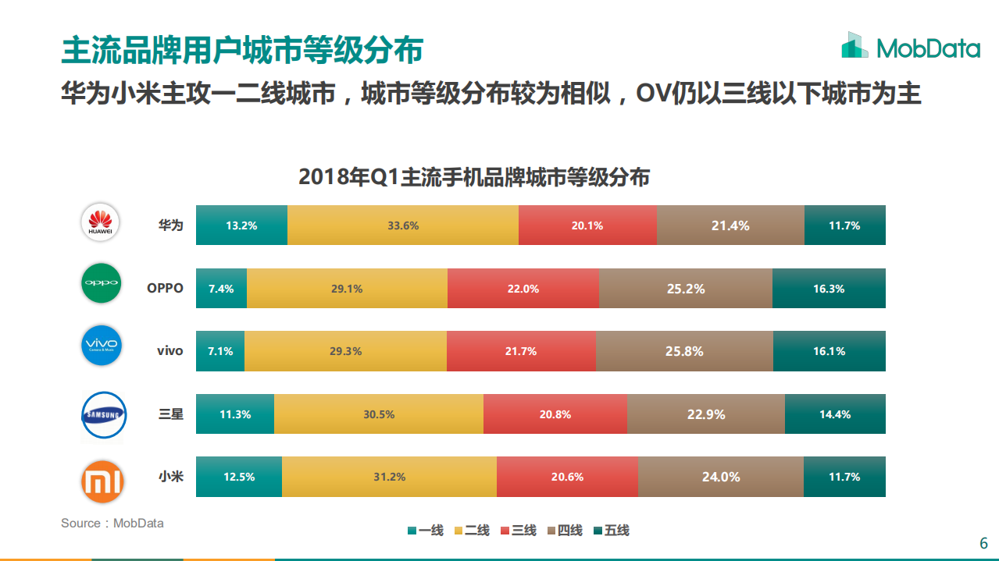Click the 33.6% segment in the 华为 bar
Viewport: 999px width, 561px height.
click(402, 225)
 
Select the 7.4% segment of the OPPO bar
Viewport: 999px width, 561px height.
click(221, 289)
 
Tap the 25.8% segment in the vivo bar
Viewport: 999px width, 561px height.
click(684, 351)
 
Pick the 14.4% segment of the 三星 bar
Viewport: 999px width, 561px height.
click(835, 414)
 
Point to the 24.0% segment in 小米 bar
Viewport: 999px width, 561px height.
click(720, 477)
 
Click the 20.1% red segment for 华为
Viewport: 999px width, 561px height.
click(587, 225)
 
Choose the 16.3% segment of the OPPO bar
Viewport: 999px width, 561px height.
click(829, 289)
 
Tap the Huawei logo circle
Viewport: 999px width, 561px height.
click(102, 222)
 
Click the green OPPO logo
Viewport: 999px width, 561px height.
click(102, 284)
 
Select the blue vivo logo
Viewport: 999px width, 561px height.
click(102, 346)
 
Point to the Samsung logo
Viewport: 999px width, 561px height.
click(102, 415)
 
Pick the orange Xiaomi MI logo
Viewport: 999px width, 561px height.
click(102, 482)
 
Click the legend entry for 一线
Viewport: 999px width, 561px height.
click(425, 531)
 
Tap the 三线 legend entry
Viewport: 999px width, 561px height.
click(518, 531)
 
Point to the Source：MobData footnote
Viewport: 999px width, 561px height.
click(112, 523)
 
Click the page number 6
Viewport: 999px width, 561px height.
click(983, 543)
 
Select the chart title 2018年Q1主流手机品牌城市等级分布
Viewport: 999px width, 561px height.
click(473, 177)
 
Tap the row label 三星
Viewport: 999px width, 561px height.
click(170, 414)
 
